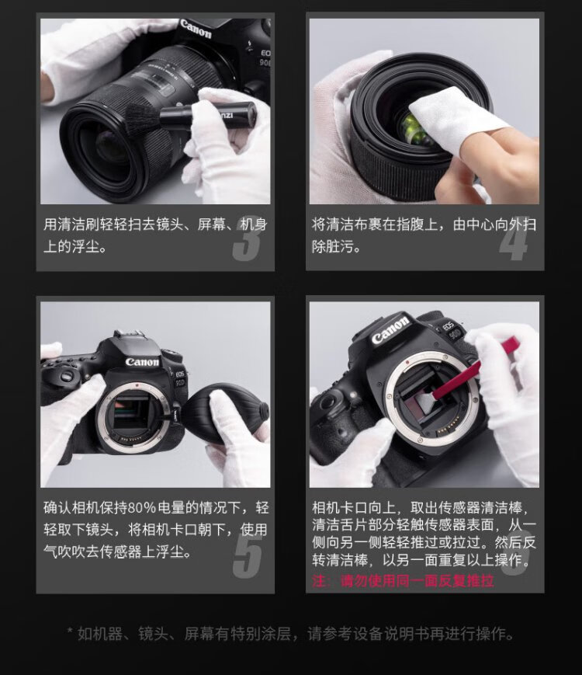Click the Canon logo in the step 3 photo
[x=196, y=29]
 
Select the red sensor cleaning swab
[x=473, y=371]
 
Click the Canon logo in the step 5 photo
[x=142, y=362]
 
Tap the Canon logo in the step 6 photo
[x=390, y=330]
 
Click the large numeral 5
[x=248, y=555]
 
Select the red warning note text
[x=403, y=581]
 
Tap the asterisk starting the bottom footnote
[x=70, y=632]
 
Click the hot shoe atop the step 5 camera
[x=129, y=334]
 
